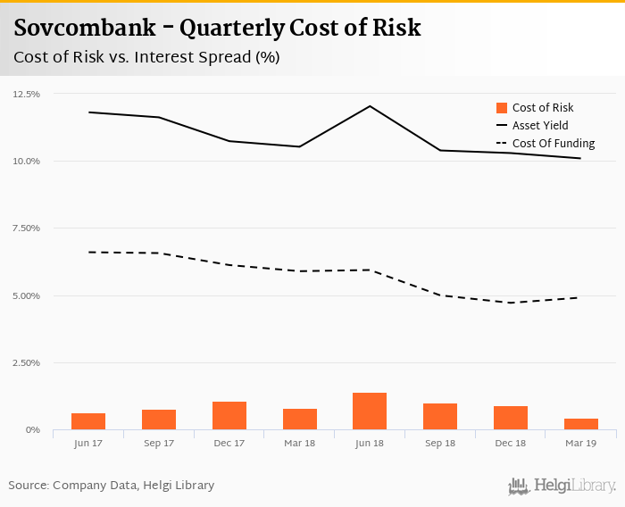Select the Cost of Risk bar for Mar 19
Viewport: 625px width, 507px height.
point(580,424)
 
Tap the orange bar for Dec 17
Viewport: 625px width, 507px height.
point(229,416)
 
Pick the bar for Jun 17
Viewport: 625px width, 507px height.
point(88,421)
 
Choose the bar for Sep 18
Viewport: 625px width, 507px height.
point(440,417)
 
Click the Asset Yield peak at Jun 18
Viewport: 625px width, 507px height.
point(370,106)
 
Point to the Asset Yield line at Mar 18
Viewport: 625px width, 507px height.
point(299,146)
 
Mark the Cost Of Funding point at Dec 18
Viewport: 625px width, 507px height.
point(511,303)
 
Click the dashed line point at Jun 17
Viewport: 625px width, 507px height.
point(88,252)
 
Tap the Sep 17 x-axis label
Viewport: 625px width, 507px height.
point(159,444)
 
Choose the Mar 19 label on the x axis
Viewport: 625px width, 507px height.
point(580,444)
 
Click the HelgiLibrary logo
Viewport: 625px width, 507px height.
point(562,486)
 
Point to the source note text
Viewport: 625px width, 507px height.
point(112,486)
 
